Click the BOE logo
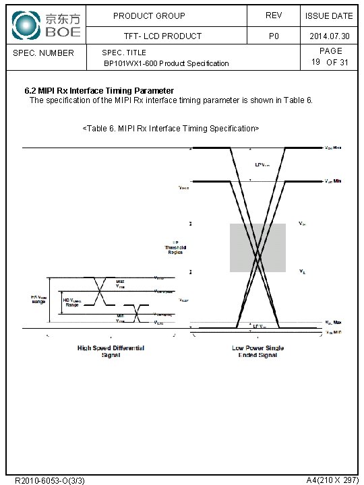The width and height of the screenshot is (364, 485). pos(47,24)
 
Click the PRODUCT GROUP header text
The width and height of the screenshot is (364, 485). pos(149,15)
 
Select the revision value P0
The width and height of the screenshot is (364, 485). pos(273,36)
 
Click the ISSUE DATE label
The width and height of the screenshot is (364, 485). pos(328,15)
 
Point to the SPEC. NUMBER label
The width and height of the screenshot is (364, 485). pos(44,53)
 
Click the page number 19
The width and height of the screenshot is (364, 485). pos(315,62)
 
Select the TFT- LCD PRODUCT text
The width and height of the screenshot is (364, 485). pos(162,36)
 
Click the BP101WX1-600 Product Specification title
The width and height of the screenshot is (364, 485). pos(166,63)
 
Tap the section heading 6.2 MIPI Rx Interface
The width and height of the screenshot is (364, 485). pos(99,90)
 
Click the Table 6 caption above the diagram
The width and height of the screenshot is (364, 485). pos(170,128)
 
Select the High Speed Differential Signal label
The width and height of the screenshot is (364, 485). pos(111,352)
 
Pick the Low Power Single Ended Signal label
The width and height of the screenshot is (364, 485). pos(257,352)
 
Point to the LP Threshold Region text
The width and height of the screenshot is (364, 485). pos(175,248)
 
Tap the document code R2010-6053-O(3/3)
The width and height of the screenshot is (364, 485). pos(49,480)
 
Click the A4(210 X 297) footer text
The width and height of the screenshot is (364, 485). pos(332,480)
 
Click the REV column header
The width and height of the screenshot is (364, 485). pos(273,15)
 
